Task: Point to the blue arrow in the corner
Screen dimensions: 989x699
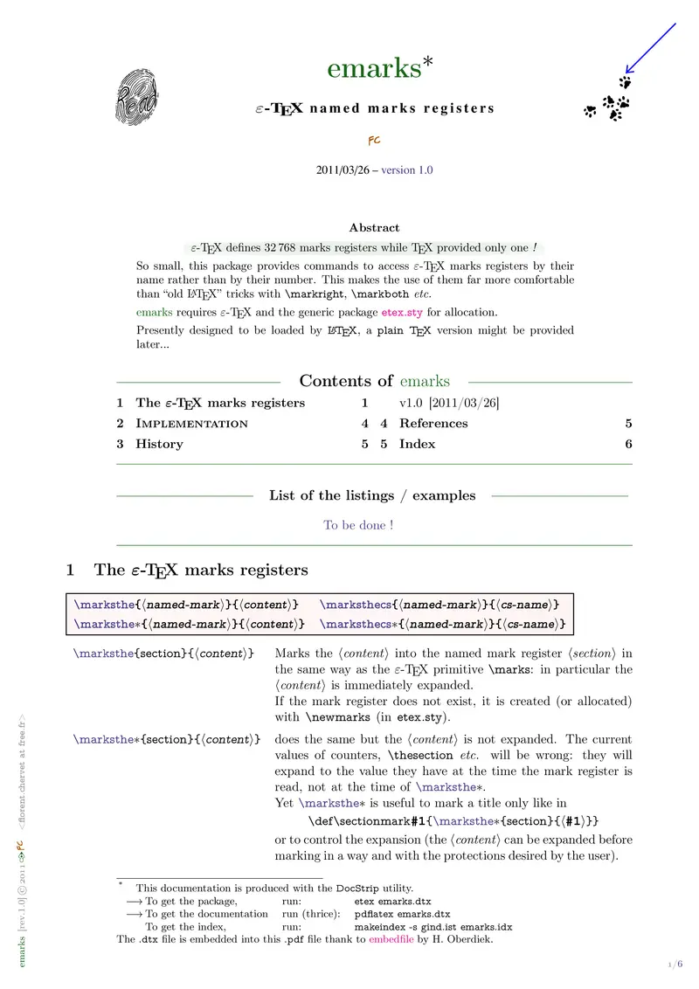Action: point(651,48)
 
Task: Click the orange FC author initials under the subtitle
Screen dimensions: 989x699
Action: point(373,140)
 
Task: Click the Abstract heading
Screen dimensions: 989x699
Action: point(374,228)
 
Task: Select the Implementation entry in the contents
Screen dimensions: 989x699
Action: point(191,424)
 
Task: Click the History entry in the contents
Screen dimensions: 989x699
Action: point(159,444)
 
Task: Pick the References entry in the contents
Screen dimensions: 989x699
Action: point(433,424)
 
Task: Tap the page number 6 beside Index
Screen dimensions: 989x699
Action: point(628,444)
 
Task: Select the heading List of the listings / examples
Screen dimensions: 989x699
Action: point(372,495)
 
